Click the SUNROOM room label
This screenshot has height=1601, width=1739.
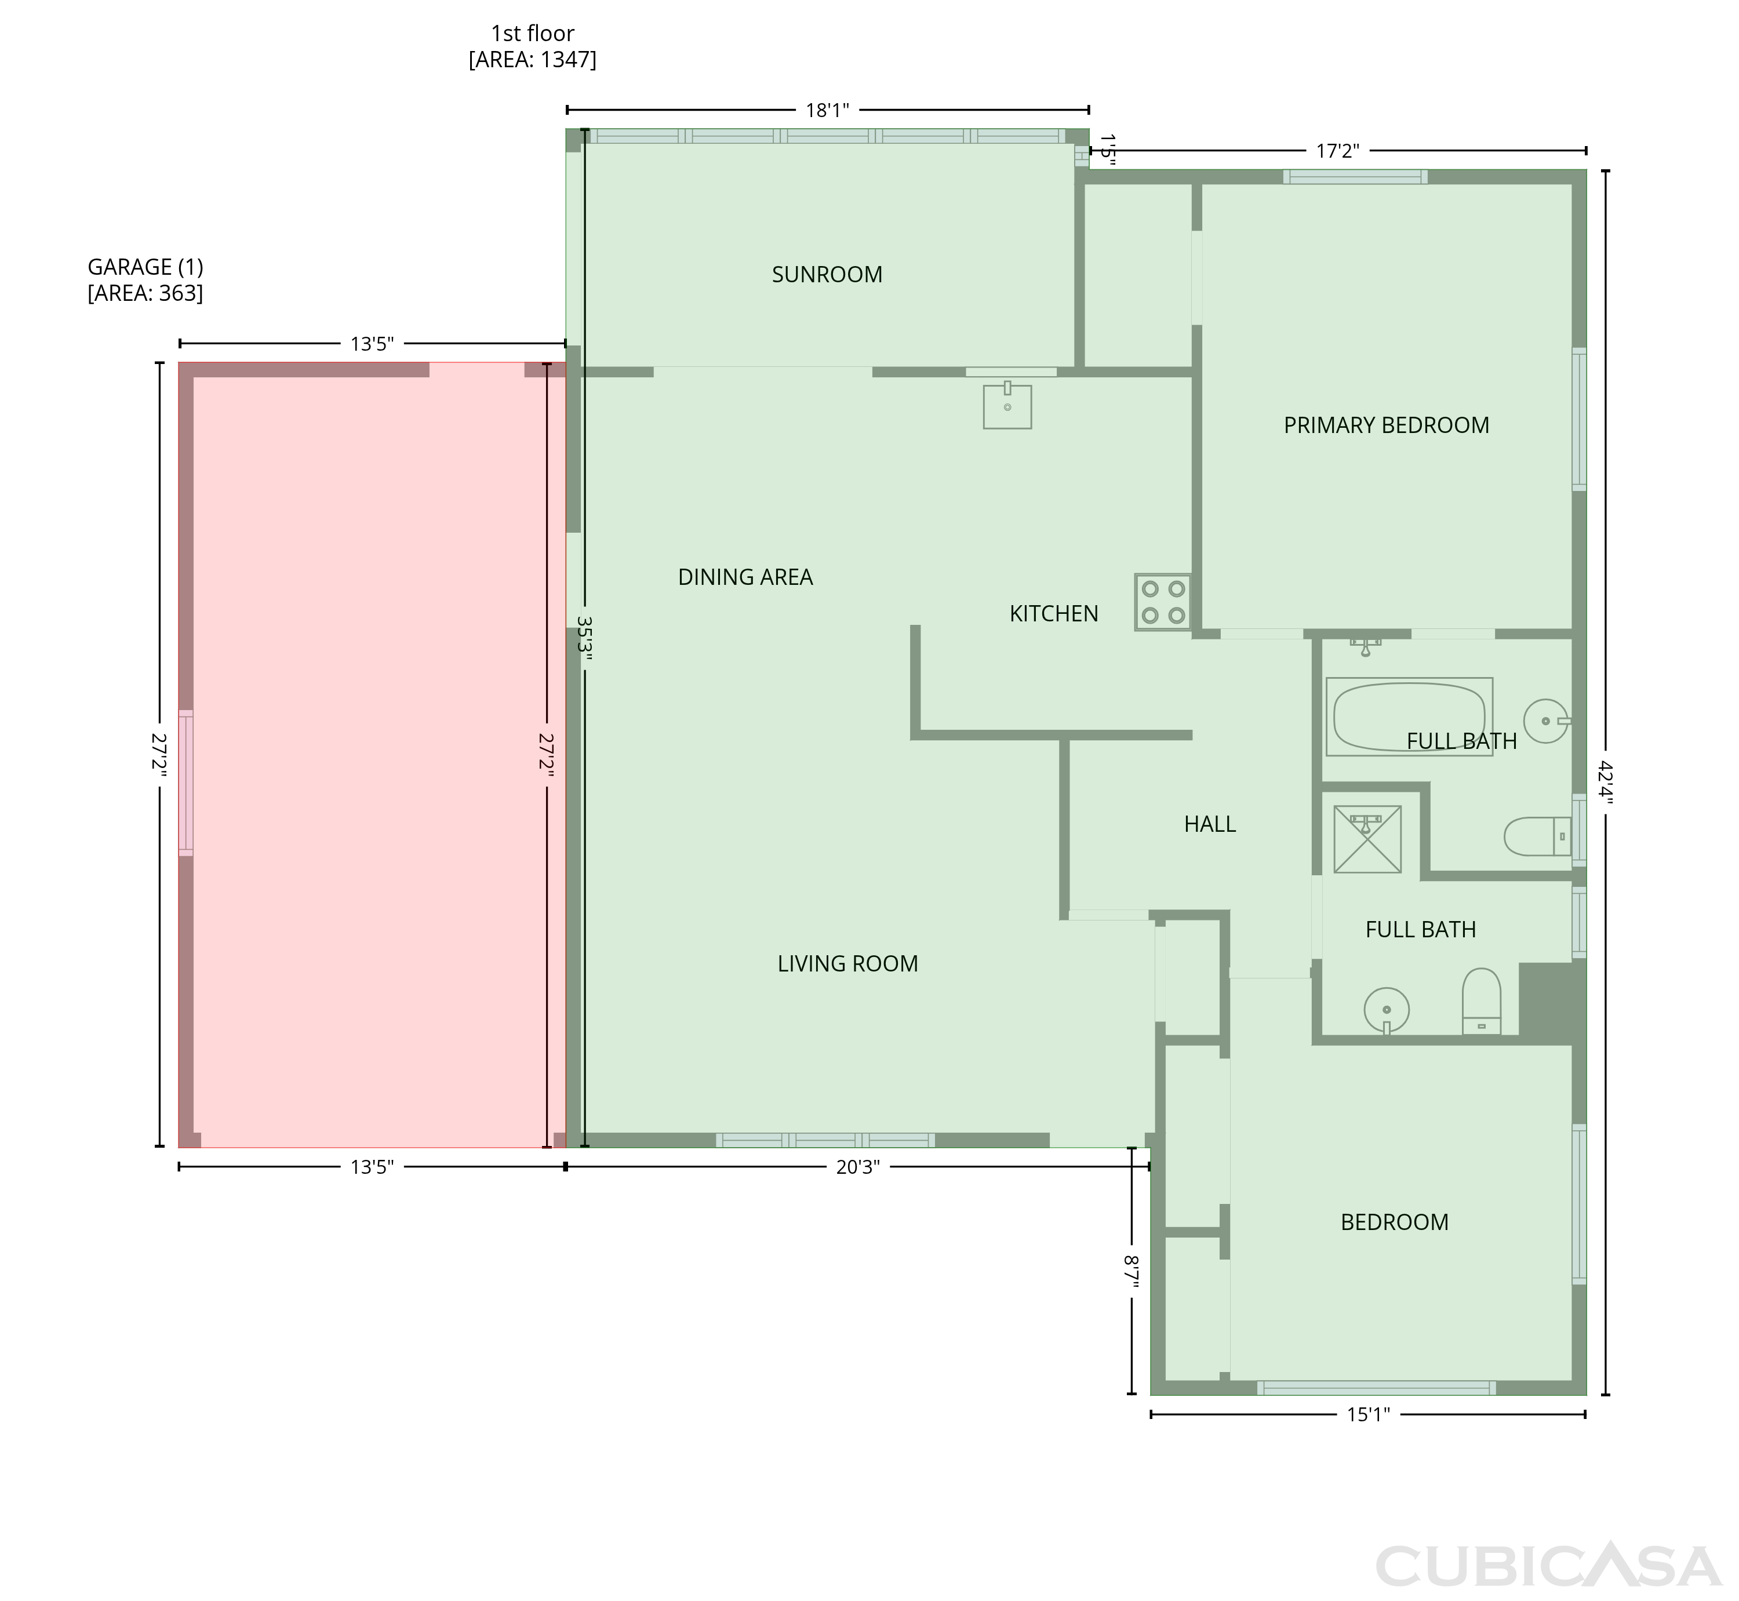tap(827, 275)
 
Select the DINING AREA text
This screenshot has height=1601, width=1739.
tap(745, 577)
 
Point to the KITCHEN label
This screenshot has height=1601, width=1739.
tap(1054, 613)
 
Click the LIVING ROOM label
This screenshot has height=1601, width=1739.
tap(847, 963)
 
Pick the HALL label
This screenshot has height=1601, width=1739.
tap(1210, 824)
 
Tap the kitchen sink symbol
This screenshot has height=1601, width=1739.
tap(1007, 405)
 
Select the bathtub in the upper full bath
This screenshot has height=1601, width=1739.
tap(1409, 716)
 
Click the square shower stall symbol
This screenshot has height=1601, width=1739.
tap(1367, 839)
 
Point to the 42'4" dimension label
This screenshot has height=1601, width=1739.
tap(1605, 783)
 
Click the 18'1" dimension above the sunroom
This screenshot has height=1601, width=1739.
tap(828, 110)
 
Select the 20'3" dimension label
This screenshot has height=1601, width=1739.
tap(858, 1167)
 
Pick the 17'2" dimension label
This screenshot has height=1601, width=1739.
tap(1338, 151)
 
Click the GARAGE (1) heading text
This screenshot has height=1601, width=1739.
tap(145, 267)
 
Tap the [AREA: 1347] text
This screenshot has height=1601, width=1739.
tap(532, 59)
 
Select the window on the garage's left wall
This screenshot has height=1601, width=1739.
tap(185, 783)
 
